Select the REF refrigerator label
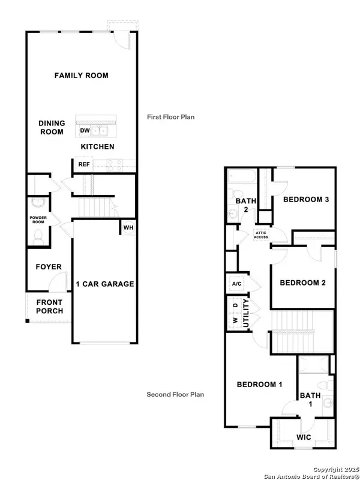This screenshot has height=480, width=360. click(x=83, y=164)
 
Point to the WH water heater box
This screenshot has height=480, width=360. click(x=128, y=227)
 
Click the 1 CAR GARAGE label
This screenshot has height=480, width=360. click(x=104, y=284)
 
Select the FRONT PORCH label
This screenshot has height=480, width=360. click(x=46, y=307)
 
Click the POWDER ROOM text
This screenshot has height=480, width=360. click(x=38, y=220)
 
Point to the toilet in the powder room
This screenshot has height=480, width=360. click(x=39, y=235)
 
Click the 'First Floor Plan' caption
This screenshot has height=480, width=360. click(x=171, y=117)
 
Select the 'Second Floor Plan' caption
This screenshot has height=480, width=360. click(x=175, y=394)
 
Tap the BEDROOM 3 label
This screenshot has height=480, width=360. click(x=306, y=199)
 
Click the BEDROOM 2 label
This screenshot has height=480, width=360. click(x=302, y=283)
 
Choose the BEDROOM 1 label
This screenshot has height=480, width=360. click(x=259, y=385)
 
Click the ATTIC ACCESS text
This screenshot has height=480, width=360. click(x=261, y=235)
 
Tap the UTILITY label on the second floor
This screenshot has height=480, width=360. click(x=245, y=314)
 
